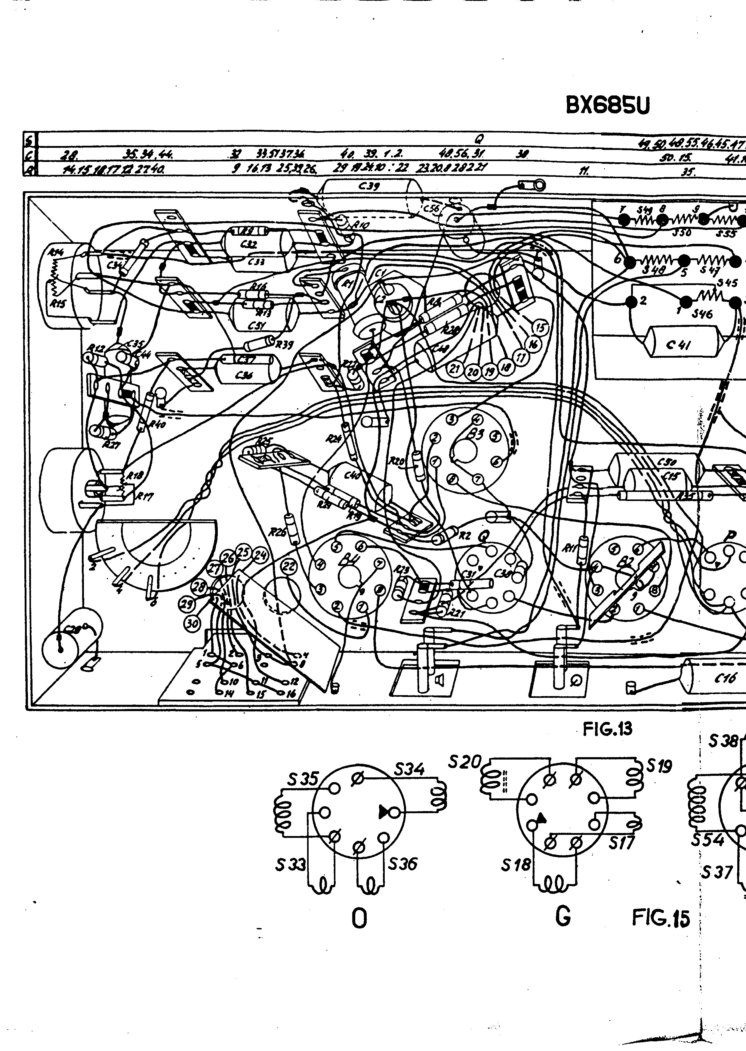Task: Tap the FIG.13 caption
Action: pos(607,729)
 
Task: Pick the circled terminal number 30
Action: pos(192,623)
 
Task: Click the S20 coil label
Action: pos(464,762)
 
